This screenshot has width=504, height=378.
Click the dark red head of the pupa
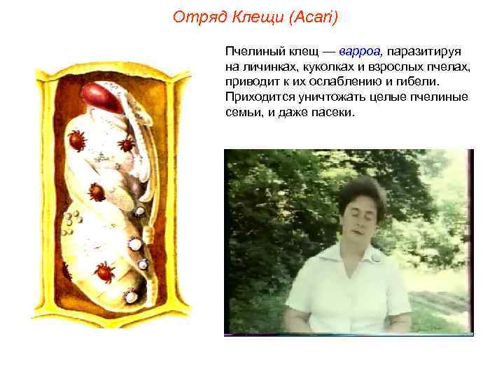[x=106, y=96]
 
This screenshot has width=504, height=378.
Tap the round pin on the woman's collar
[x=379, y=257]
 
